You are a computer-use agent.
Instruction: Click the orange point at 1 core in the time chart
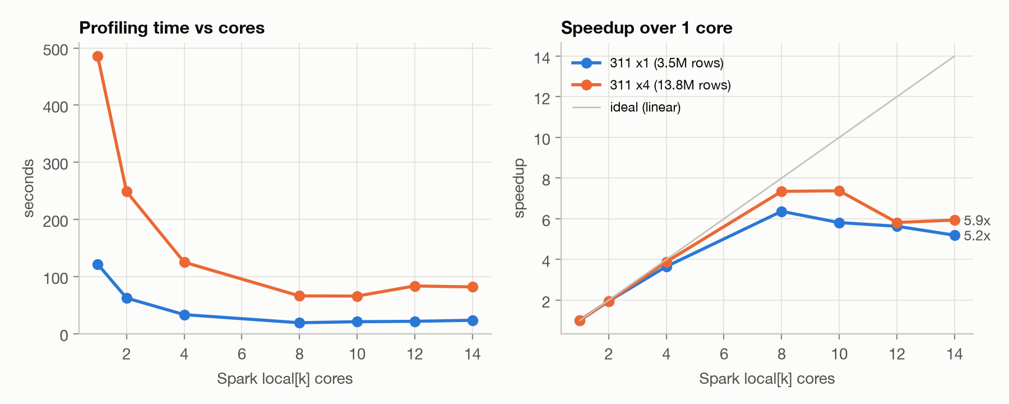pos(98,56)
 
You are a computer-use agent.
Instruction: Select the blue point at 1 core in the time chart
pos(98,264)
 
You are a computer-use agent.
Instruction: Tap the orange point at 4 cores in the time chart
pos(184,262)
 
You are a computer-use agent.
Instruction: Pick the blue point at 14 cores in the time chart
pos(473,320)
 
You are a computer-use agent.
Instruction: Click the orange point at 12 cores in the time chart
pos(415,286)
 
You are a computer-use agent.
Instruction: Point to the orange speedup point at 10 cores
pos(839,191)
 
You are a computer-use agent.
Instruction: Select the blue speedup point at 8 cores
pos(781,212)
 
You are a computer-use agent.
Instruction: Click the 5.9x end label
pos(977,221)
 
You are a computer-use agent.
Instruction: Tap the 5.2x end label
pos(977,236)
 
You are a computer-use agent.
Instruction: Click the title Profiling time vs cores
pos(172,28)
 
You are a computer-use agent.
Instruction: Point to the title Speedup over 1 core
pos(646,28)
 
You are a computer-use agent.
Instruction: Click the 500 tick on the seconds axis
pos(55,49)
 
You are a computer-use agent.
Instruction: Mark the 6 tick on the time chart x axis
pos(242,354)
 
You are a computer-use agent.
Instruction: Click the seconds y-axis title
pos(29,189)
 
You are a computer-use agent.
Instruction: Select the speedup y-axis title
pos(519,189)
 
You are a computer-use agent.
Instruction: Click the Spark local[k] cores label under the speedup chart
pos(767,379)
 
